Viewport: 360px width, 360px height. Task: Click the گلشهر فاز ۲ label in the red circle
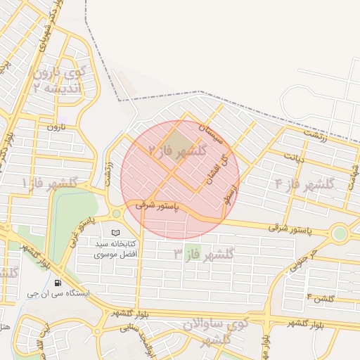176,150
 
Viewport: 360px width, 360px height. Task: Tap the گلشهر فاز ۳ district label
204,252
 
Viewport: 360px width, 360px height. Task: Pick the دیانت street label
294,157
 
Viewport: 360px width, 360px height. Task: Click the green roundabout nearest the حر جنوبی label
340,233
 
